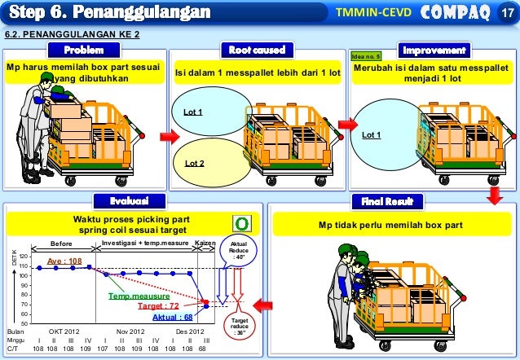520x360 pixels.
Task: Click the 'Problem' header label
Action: tap(84, 50)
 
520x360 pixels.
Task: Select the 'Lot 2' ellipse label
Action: tap(195, 163)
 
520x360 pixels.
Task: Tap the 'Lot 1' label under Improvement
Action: tap(372, 134)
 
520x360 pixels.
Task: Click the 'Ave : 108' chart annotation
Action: tap(64, 261)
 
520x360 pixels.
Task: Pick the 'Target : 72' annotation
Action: tap(158, 306)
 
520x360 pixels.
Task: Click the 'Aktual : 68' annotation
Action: tap(172, 317)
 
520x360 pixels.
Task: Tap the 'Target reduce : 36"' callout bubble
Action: tap(240, 327)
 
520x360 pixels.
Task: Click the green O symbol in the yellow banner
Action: tap(241, 223)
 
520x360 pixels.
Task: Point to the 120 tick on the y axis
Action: tap(24, 257)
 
